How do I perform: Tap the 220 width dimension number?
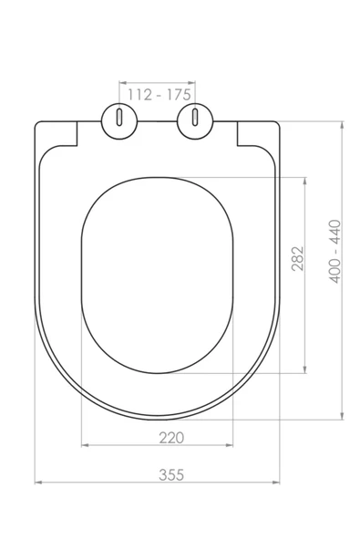170,437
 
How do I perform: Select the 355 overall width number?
170,473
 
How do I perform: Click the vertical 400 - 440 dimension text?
334,252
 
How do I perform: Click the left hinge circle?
118,119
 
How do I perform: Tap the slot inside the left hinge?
118,119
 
